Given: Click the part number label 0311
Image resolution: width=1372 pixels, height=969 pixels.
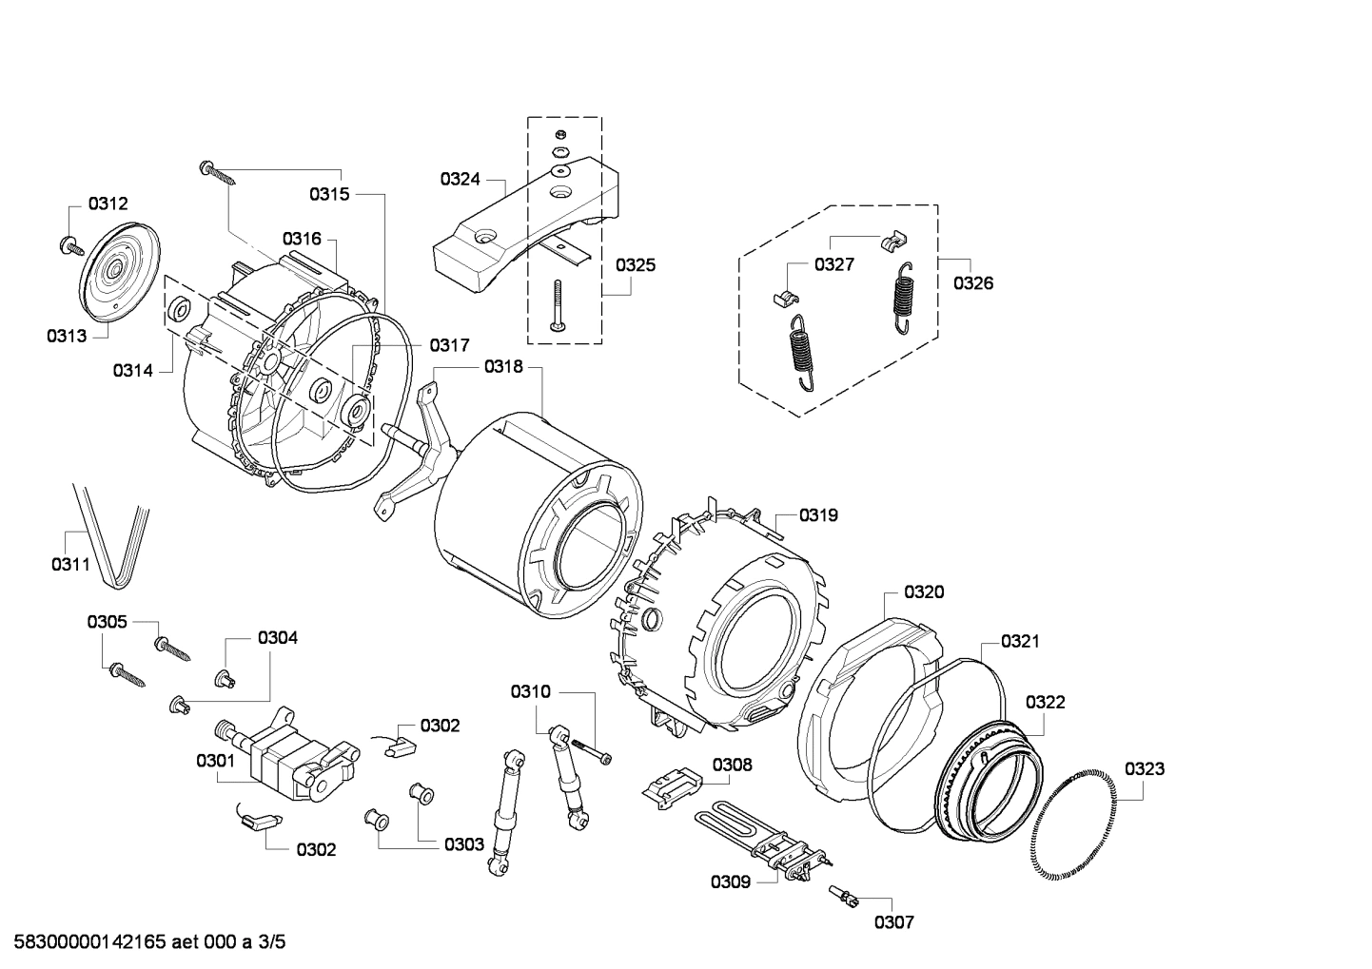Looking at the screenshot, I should [x=70, y=564].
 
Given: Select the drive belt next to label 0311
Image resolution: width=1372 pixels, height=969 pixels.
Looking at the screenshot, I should [x=112, y=533].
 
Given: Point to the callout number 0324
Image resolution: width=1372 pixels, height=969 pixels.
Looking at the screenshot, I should [x=460, y=179].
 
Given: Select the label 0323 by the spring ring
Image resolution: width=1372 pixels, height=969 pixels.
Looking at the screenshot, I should [x=1144, y=768].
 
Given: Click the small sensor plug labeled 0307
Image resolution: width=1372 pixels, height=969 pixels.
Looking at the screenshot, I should [x=842, y=896].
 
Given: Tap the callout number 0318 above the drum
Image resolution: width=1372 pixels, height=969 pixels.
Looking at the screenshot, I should [x=503, y=366].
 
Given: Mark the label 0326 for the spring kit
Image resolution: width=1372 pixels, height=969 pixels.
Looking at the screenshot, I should [x=973, y=282].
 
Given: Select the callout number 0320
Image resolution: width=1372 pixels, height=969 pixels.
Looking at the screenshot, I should [x=924, y=591].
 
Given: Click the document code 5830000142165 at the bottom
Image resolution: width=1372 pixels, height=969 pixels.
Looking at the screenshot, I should [x=143, y=942].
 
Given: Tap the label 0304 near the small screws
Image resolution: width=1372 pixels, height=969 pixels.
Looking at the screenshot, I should [x=277, y=637].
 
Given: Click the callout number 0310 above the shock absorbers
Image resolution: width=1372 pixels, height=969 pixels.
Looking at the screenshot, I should [x=530, y=691].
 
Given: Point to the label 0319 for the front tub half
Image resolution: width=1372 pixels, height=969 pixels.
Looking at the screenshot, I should [x=817, y=514].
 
